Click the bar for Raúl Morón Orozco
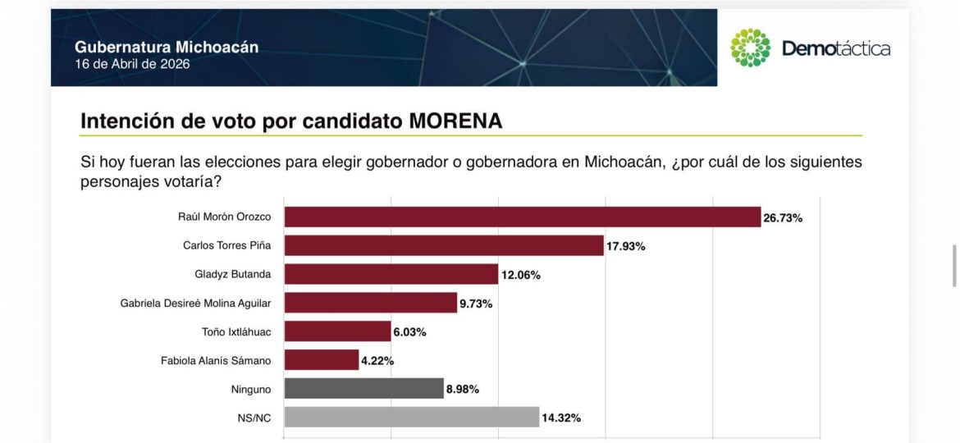[x=522, y=217]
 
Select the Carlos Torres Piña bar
[x=443, y=245]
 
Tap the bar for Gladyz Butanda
[x=391, y=275]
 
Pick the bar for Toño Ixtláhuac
[x=337, y=331]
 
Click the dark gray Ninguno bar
[x=363, y=388]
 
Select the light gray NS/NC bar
[x=411, y=418]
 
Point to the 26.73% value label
[x=783, y=218]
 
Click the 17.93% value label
[x=626, y=246]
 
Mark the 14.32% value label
[x=561, y=418]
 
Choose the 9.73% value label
[x=476, y=304]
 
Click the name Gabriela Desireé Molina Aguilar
[x=195, y=304]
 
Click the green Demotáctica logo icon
[x=751, y=48]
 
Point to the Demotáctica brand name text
[x=836, y=48]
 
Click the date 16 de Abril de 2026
[x=132, y=64]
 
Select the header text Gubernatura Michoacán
[x=167, y=48]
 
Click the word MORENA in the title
[x=455, y=121]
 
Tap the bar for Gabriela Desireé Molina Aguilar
[x=370, y=303]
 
